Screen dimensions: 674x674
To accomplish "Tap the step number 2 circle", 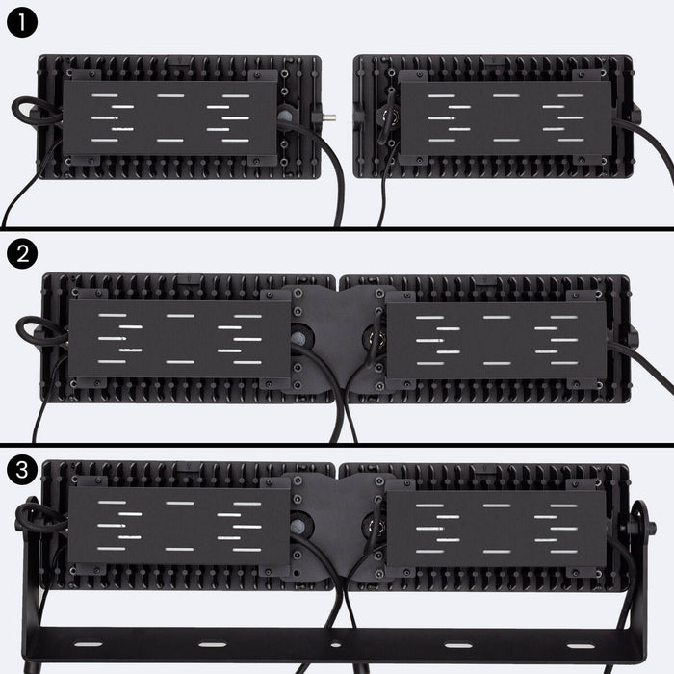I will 20,255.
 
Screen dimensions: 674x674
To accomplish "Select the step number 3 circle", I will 20,472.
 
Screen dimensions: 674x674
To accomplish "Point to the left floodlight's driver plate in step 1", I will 170,117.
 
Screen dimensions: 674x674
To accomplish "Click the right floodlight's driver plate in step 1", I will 505,118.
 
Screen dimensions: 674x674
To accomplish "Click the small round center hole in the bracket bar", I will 335,643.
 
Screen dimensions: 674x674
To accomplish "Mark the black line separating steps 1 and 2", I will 337,228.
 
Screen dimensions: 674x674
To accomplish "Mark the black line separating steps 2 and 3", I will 337,445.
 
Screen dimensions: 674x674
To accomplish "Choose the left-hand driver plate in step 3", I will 178,527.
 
